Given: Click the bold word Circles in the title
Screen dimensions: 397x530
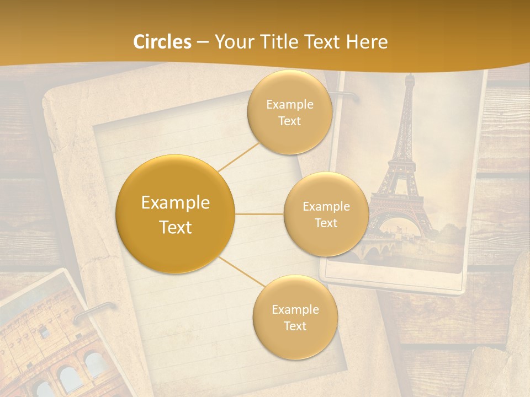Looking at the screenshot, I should [162, 42].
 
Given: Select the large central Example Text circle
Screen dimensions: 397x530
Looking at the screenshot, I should [176, 214].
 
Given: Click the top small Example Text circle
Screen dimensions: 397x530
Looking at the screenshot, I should [289, 112].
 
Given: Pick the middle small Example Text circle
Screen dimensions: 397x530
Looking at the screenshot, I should [326, 214].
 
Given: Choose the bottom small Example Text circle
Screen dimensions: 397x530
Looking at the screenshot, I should [295, 317].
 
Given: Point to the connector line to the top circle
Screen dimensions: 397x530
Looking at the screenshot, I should [239, 157].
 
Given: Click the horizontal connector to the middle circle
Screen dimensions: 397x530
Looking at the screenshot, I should [259, 214].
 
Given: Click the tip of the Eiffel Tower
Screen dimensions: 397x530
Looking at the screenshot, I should [409, 76].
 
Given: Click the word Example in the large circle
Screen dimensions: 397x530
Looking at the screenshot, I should [176, 203].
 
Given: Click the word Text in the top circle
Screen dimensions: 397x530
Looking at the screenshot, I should [289, 121].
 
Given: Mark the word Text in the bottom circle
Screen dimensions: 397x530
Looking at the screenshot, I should [295, 326].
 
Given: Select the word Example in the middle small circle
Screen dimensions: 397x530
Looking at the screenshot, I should [326, 207].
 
